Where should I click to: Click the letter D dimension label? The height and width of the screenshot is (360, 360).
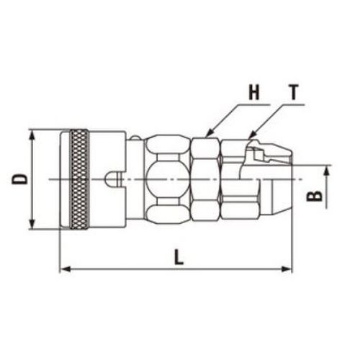(19, 179)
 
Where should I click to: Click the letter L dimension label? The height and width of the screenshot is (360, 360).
(179, 257)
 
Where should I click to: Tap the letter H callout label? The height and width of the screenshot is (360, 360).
(254, 92)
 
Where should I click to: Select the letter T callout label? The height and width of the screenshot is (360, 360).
(294, 92)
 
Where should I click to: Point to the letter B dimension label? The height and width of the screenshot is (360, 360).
(315, 196)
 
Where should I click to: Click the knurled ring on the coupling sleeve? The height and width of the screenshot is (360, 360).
(79, 179)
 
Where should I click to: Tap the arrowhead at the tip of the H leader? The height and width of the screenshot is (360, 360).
(209, 133)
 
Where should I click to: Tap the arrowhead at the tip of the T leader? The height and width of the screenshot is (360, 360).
(251, 135)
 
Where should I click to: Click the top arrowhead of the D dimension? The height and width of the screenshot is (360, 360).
(32, 135)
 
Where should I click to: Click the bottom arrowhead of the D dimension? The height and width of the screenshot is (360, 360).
(32, 224)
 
